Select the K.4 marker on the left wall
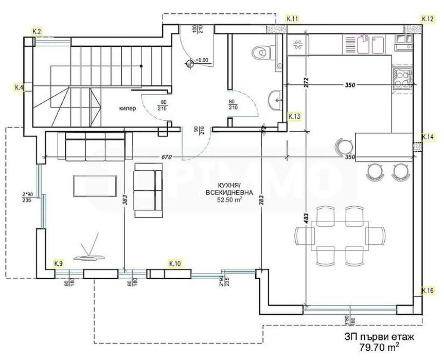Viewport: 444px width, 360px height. (20, 87)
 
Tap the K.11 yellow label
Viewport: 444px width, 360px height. (293, 19)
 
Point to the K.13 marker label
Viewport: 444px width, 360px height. (294, 117)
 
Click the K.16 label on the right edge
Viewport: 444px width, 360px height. (428, 291)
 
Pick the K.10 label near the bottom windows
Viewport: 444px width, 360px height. (175, 263)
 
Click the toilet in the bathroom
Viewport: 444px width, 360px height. (261, 51)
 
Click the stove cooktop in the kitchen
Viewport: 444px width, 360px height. (401, 79)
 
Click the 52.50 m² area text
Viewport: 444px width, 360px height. (229, 202)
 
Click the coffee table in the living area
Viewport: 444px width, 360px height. (95, 185)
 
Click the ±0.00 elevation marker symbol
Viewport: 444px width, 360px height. (192, 63)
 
